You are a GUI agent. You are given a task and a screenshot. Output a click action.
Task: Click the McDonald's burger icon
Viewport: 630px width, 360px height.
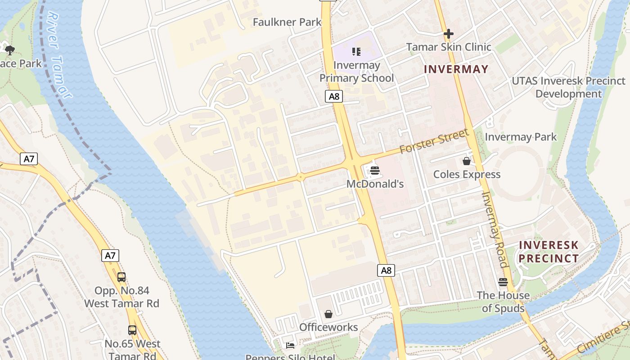tap(374, 171)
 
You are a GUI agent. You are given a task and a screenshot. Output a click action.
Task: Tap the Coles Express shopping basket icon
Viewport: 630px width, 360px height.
tap(467, 161)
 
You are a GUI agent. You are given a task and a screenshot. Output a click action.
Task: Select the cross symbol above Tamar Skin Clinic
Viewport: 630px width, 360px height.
tap(448, 34)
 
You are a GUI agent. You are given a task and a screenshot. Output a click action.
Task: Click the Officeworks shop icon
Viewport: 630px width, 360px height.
tap(328, 314)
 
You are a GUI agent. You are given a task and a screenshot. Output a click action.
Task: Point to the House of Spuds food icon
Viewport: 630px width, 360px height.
tap(503, 282)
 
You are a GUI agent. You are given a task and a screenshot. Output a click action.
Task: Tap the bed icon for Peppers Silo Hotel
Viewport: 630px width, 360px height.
tap(290, 346)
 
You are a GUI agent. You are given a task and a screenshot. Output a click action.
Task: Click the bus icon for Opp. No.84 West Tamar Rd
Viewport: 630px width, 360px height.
tap(121, 277)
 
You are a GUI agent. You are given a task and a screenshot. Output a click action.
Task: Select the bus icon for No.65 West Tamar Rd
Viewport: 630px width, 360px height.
tap(132, 330)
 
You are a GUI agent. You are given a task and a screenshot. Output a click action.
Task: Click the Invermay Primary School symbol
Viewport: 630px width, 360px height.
tap(356, 52)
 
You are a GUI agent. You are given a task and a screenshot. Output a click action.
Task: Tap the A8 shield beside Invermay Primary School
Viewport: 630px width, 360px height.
tap(334, 96)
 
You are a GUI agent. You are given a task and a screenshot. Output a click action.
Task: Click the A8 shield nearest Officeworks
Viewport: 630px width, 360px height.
tap(386, 270)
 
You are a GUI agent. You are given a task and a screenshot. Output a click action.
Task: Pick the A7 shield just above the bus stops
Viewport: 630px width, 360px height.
tap(110, 256)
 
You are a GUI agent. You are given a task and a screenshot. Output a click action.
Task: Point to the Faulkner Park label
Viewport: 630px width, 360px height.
tap(287, 22)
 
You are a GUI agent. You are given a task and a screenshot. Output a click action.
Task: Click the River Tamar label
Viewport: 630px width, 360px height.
tap(59, 54)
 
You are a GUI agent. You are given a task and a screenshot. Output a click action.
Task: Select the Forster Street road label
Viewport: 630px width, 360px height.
tap(434, 141)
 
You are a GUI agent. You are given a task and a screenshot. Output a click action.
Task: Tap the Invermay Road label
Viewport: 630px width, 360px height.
tap(495, 229)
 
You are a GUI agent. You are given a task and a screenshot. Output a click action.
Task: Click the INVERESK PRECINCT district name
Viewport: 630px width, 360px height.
tap(549, 252)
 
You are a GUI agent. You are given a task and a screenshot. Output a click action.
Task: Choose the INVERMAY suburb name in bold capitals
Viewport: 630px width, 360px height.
tap(456, 69)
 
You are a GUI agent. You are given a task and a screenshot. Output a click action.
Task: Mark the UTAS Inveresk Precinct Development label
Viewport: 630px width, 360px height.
tap(568, 87)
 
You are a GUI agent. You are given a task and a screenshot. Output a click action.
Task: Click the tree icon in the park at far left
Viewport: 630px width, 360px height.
tap(9, 49)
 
